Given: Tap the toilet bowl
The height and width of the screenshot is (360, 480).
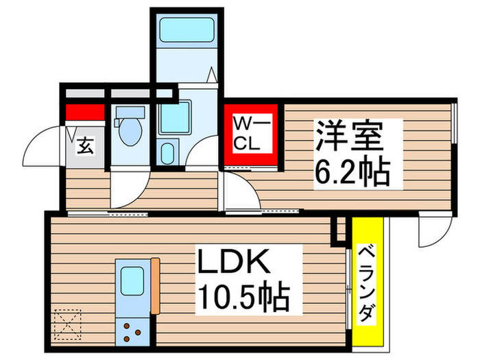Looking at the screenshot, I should pos(128,134).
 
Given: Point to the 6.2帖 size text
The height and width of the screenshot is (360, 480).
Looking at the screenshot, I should pos(351,171).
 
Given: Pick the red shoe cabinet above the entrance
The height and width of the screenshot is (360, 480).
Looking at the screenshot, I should pos(84,112).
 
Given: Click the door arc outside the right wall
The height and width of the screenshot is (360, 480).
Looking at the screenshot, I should pos(433,231).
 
